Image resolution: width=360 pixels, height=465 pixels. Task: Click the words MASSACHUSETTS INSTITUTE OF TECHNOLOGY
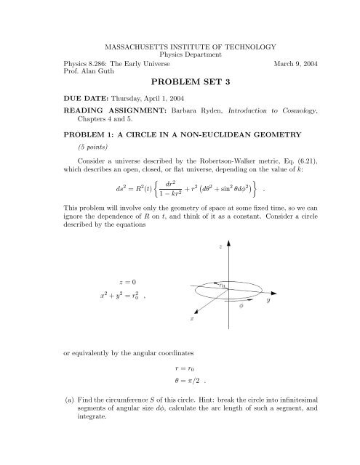click(180, 45)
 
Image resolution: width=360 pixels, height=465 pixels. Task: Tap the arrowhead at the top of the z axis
click(228, 241)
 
